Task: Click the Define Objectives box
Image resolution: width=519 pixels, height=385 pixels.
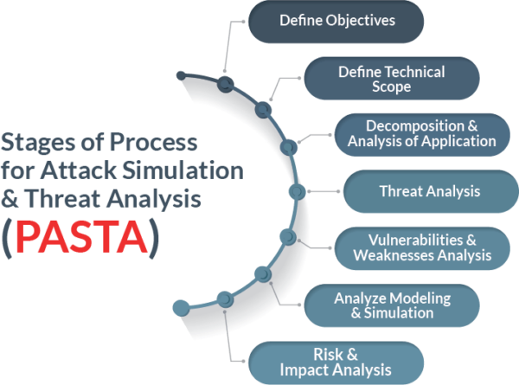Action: coord(336,21)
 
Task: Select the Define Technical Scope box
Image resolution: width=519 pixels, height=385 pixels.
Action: coord(392,79)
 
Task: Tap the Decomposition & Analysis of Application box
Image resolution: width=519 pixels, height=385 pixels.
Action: coord(422,135)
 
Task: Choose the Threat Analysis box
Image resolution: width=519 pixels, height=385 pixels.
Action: coord(431,191)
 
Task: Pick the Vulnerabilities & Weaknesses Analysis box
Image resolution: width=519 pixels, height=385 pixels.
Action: coord(422,248)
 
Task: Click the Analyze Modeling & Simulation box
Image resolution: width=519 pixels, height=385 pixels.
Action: coord(392,305)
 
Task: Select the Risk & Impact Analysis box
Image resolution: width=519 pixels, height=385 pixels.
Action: coord(336,363)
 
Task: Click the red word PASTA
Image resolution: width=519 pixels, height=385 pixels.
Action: coord(81,237)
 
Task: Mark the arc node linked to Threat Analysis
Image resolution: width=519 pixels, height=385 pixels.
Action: coord(297,192)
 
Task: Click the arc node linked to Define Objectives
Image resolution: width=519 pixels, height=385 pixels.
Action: coord(226,84)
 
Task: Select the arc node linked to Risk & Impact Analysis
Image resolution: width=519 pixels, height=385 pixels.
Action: coord(225,299)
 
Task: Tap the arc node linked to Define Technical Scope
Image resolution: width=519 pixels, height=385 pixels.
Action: coord(263,110)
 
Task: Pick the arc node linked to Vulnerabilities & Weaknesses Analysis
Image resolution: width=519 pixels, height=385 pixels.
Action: coord(288,237)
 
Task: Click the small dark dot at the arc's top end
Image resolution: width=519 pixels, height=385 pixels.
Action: coord(181,76)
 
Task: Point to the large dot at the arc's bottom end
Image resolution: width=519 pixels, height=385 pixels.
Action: coord(182,308)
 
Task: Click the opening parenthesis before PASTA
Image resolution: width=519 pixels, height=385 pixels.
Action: coord(7,238)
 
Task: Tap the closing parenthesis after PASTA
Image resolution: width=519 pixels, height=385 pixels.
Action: coord(154,238)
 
